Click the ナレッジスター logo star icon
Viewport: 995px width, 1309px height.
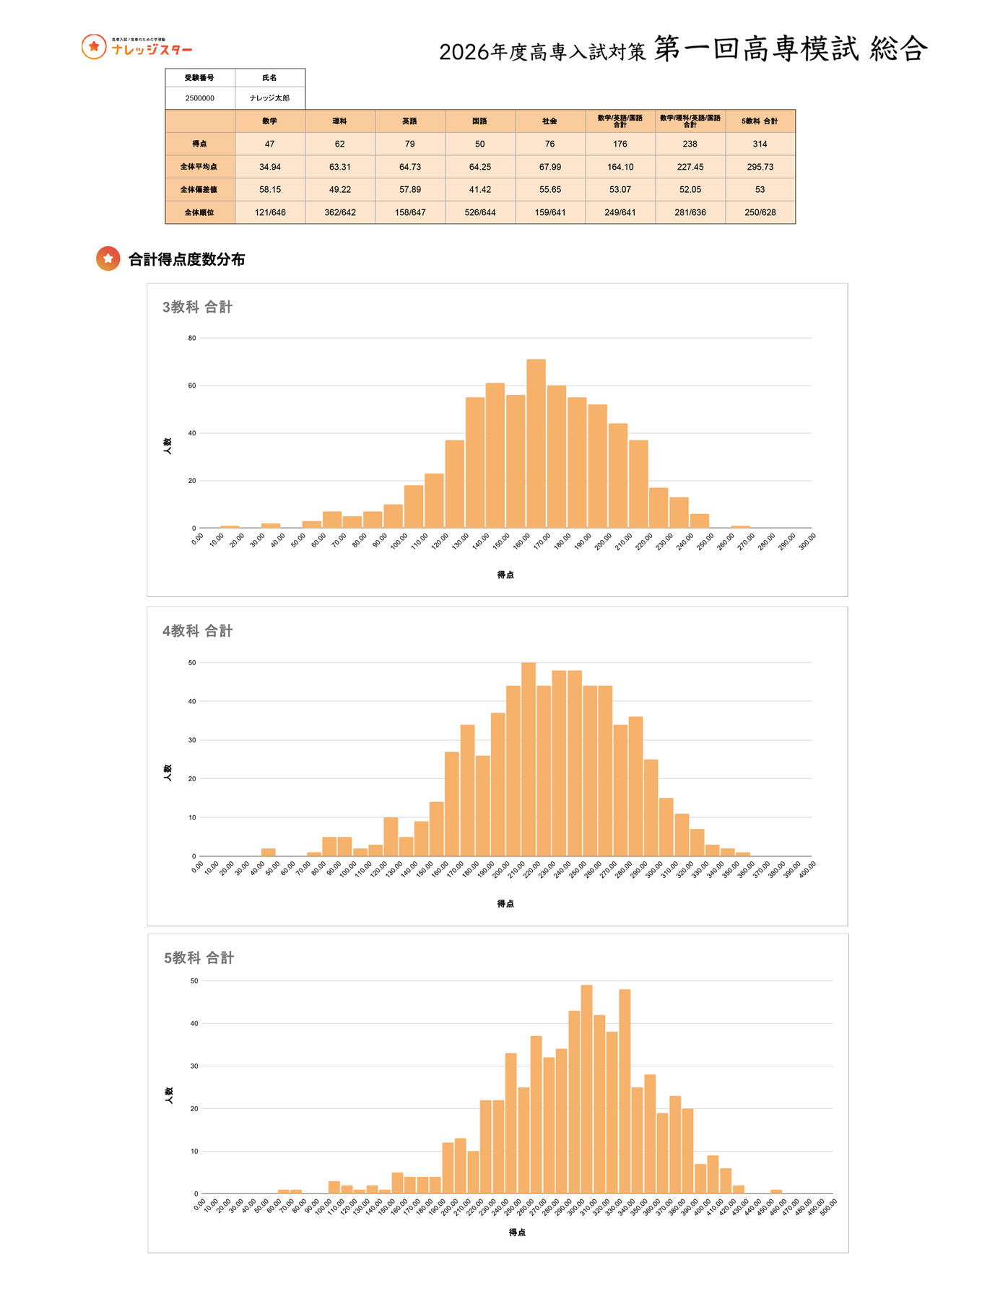[x=94, y=47]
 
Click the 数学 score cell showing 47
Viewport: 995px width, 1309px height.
[x=269, y=144]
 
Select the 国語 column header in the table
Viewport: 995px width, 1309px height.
[x=479, y=121]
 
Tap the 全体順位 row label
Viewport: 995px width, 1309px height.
[x=199, y=212]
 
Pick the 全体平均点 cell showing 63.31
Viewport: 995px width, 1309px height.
[x=339, y=167]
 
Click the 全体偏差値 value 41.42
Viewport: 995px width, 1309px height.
[x=479, y=189]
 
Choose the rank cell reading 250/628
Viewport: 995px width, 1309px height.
[x=760, y=212]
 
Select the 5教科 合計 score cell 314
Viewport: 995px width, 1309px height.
[x=760, y=144]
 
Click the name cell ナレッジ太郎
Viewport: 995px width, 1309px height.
[x=269, y=98]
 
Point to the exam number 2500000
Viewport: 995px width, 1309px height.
[x=199, y=98]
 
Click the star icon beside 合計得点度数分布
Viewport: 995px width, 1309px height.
[x=108, y=258]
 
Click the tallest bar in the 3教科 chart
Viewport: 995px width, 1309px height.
[x=536, y=443]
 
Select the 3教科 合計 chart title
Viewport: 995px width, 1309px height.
[x=197, y=307]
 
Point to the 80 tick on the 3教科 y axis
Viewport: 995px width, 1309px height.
[x=192, y=338]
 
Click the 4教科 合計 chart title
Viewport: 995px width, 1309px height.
[x=197, y=631]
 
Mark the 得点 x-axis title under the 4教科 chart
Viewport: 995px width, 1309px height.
[x=505, y=903]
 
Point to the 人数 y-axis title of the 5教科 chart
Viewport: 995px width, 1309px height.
[x=169, y=1095]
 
